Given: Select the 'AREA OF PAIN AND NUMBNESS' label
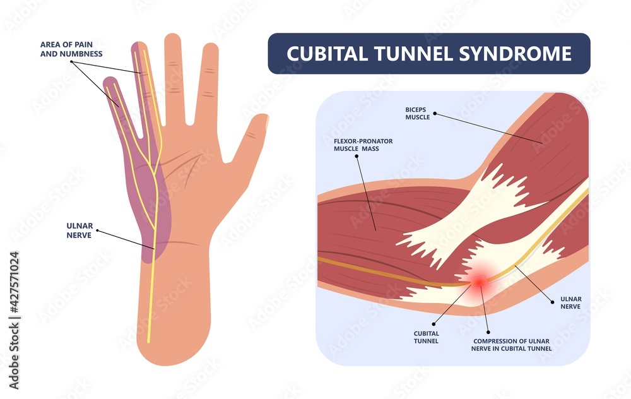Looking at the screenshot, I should (62, 49).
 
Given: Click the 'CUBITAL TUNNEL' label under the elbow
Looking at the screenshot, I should (418, 337).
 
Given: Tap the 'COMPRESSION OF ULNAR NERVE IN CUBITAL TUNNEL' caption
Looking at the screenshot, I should (512, 345).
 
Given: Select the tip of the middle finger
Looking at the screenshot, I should (172, 39).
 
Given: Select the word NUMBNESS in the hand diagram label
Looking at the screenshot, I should (84, 54).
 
